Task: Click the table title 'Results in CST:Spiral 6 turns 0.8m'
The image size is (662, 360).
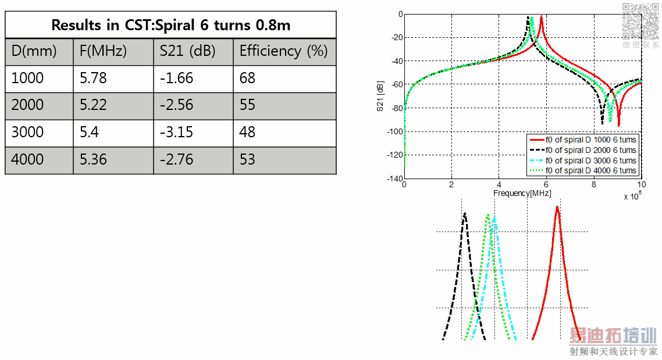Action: point(170,25)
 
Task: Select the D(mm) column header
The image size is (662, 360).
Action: point(34,51)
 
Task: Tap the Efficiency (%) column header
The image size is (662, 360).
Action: point(283,51)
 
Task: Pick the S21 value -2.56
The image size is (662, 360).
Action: point(177,105)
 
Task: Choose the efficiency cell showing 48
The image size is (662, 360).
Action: point(247,132)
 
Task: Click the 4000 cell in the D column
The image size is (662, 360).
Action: point(27,159)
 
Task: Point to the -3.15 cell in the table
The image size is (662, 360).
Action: point(177,132)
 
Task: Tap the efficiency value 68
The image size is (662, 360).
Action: point(247,78)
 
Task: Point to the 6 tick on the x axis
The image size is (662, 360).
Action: point(546,184)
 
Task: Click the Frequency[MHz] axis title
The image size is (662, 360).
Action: point(522,193)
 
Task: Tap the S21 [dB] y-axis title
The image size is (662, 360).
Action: point(380,97)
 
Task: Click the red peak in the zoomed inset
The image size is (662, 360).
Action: point(557,208)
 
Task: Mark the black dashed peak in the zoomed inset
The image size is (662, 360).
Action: point(465,215)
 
